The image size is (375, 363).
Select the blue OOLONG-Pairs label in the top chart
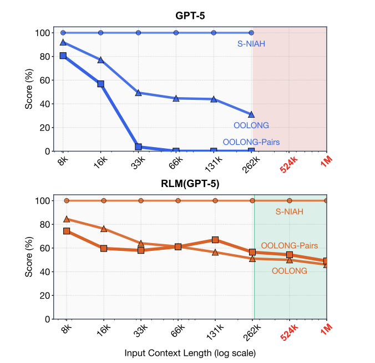[x=251, y=142]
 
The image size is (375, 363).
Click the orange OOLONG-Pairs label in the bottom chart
[x=289, y=245]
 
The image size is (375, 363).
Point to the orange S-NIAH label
[x=290, y=211]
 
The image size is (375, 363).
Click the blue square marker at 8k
[x=63, y=56]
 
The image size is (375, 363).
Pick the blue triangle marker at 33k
[x=139, y=93]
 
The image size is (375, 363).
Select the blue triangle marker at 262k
[x=251, y=114]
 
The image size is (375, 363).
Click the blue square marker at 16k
[x=101, y=84]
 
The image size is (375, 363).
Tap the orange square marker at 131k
[x=215, y=240]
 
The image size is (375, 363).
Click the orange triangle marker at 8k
[x=67, y=219]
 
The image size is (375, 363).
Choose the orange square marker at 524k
[x=290, y=255]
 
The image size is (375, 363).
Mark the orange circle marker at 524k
[x=290, y=200]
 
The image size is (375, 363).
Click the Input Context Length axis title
[x=190, y=352]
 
